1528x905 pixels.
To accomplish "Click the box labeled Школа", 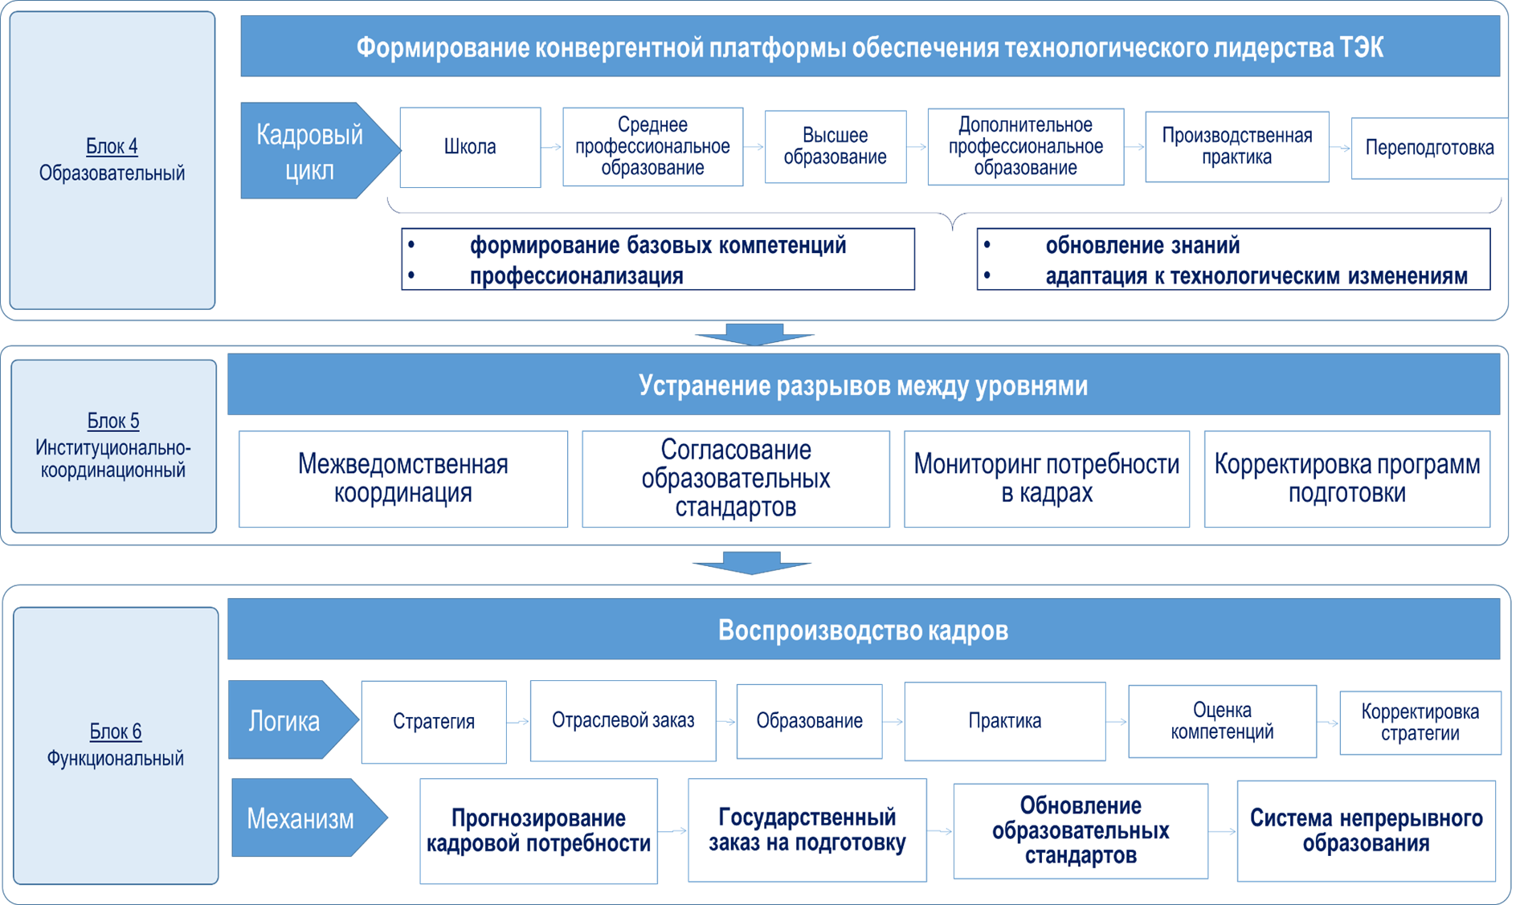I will point(470,147).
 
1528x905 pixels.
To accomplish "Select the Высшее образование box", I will point(835,147).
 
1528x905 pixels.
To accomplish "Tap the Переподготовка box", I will point(1429,148).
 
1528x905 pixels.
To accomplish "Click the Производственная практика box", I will point(1236,147).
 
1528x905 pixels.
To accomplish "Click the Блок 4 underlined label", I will point(112,146).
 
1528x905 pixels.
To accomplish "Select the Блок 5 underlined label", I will point(113,421).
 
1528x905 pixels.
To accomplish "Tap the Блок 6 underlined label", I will point(115,732).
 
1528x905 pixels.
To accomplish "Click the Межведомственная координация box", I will point(402,479).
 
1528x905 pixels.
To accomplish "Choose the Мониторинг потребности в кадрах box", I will point(1046,479).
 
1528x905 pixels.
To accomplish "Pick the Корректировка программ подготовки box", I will point(1346,479).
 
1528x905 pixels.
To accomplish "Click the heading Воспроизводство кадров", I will point(863,630).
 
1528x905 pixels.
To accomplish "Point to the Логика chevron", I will point(285,721).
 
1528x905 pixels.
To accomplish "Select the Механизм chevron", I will point(301,818).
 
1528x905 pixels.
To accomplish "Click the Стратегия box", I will point(434,722).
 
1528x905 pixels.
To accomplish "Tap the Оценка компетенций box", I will point(1221,721).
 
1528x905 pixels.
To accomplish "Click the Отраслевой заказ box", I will point(623,721).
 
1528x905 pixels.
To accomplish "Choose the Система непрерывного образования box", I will point(1366,831).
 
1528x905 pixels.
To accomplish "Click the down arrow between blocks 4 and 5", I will point(754,334).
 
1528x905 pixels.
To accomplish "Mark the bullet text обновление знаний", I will point(1142,246).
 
